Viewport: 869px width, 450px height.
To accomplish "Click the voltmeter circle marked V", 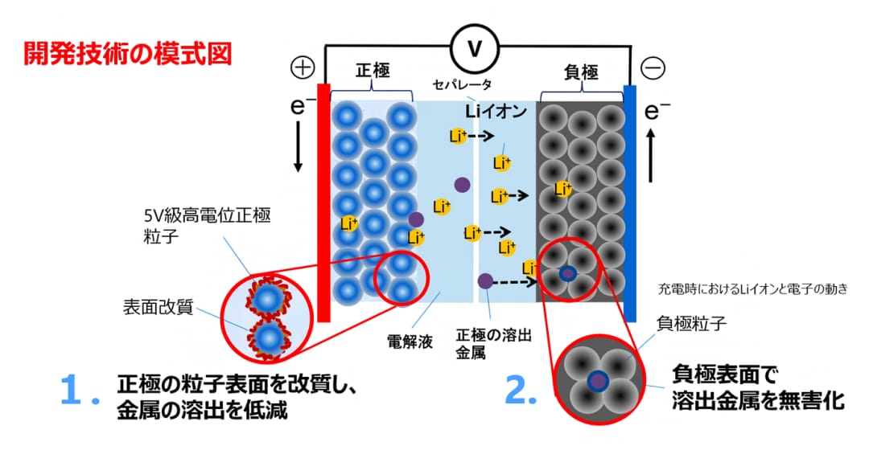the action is pyautogui.click(x=475, y=49).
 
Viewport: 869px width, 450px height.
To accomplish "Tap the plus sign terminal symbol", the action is pyautogui.click(x=303, y=67).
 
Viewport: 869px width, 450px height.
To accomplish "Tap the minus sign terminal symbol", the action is pyautogui.click(x=653, y=68).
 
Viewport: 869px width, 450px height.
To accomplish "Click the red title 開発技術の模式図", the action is pyautogui.click(x=127, y=55).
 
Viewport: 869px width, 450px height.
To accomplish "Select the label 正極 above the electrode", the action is pyautogui.click(x=373, y=71).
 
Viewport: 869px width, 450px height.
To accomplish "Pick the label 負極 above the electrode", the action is pyautogui.click(x=581, y=72).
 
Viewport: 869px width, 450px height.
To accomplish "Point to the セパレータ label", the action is pyautogui.click(x=462, y=84).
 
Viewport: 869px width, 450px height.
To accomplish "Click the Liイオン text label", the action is pyautogui.click(x=496, y=111).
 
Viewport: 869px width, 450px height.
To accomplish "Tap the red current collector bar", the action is pyautogui.click(x=323, y=202).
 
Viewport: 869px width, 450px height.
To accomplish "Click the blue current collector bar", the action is pyautogui.click(x=629, y=203).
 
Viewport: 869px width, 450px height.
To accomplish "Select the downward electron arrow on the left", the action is pyautogui.click(x=299, y=147).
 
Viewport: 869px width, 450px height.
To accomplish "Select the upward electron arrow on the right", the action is pyautogui.click(x=651, y=156).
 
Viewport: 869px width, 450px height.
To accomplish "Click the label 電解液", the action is pyautogui.click(x=410, y=342).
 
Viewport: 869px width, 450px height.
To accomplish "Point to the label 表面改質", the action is pyautogui.click(x=158, y=307).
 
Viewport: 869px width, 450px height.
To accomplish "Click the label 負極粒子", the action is pyautogui.click(x=691, y=323).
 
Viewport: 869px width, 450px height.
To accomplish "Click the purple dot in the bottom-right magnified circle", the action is pyautogui.click(x=597, y=380).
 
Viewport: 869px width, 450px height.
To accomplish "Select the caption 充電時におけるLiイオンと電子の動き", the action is pyautogui.click(x=752, y=289).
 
